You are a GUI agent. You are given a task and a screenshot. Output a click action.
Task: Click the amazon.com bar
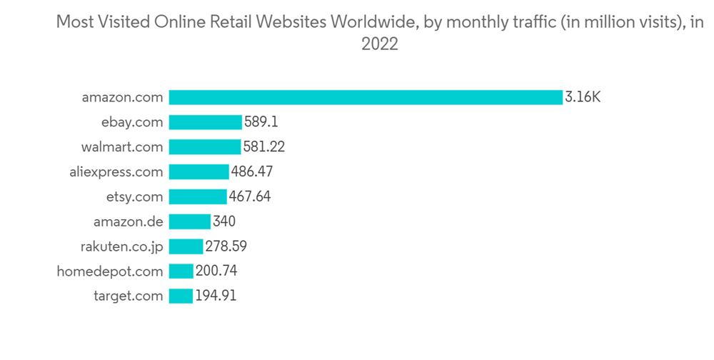[x=366, y=97]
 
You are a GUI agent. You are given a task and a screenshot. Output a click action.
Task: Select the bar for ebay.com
[x=206, y=122]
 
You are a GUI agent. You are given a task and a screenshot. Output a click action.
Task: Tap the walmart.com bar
[x=205, y=147]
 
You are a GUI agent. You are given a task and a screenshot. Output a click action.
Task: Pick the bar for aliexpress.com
[x=199, y=172]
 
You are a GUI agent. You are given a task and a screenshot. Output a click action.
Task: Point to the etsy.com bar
[x=198, y=196]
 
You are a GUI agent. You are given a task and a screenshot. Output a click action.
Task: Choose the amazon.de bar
[x=190, y=221]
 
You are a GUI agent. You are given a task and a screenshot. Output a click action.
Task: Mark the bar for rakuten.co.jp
[x=186, y=246]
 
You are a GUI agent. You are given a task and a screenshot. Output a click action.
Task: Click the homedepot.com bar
[x=181, y=271]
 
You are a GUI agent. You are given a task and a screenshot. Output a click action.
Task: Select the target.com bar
[x=181, y=296]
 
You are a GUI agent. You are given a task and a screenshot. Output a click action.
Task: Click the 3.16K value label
[x=583, y=97]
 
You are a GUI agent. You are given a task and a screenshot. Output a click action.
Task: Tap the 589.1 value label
[x=261, y=122]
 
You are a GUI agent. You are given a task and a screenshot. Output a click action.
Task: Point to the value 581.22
[x=264, y=147]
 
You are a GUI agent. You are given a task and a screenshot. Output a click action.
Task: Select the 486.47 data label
[x=252, y=172]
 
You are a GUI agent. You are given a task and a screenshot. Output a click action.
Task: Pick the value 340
[x=224, y=221]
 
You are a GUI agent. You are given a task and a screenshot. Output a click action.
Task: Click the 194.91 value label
[x=216, y=296]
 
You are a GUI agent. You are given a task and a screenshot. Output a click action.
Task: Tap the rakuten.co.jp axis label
[x=121, y=246]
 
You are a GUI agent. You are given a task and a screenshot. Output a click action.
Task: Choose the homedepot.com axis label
[x=110, y=271]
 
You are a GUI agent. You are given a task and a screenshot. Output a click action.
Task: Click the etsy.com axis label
[x=135, y=196]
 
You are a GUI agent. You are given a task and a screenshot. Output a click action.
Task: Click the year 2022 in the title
[x=379, y=44]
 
